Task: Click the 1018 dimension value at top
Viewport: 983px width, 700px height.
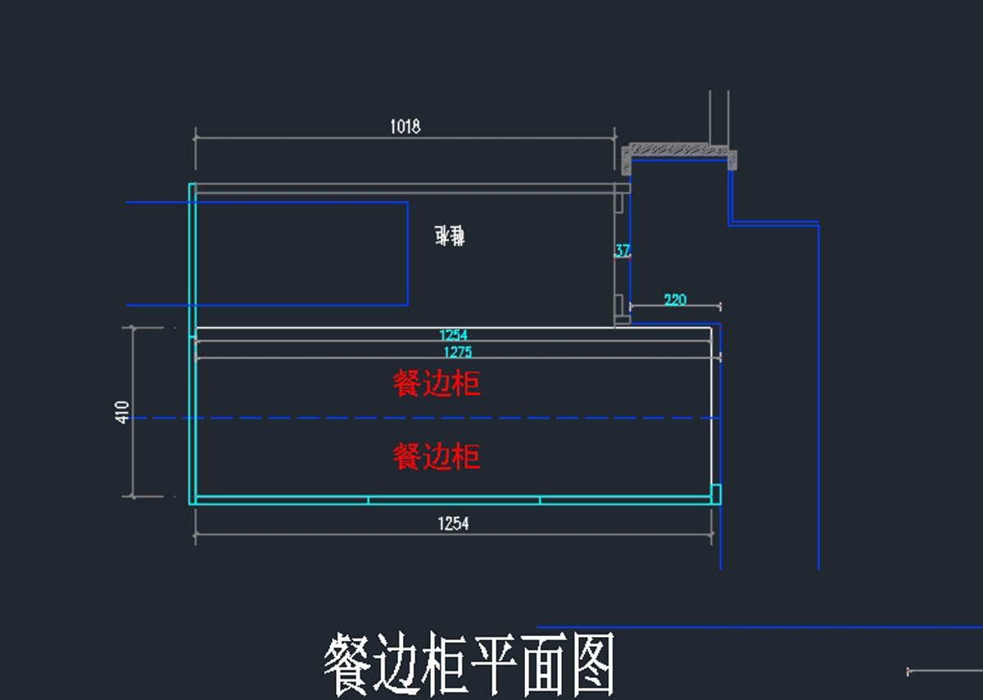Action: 405,126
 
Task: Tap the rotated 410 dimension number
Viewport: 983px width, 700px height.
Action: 123,411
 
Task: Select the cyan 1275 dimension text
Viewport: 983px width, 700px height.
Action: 457,352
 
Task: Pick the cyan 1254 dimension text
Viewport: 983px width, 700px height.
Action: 453,335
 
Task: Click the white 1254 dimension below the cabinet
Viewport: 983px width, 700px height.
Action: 453,524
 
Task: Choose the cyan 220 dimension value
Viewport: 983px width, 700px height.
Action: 675,300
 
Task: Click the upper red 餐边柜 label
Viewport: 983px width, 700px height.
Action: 437,384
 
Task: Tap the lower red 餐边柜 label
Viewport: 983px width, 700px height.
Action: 437,457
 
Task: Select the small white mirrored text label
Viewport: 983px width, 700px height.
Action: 450,237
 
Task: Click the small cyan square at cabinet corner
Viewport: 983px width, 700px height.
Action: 715,493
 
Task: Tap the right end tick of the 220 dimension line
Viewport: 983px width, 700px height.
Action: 720,307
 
